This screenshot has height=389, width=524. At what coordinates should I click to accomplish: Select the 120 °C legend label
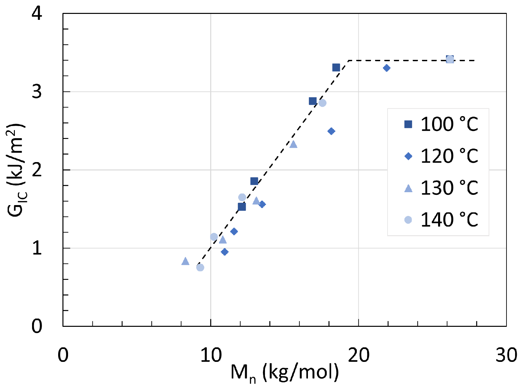pyautogui.click(x=449, y=156)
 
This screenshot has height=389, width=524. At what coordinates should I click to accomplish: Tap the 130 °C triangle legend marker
pyautogui.click(x=408, y=188)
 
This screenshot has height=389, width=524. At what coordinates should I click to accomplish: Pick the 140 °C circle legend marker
pyautogui.click(x=408, y=220)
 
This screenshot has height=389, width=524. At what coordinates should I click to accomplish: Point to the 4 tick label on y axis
pyautogui.click(x=37, y=14)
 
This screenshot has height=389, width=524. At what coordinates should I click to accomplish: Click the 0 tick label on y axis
pyautogui.click(x=37, y=326)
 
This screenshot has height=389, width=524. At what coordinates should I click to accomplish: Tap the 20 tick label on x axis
pyautogui.click(x=359, y=355)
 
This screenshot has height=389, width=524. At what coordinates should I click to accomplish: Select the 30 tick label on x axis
pyautogui.click(x=506, y=355)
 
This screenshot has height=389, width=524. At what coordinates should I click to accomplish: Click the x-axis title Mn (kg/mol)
pyautogui.click(x=284, y=372)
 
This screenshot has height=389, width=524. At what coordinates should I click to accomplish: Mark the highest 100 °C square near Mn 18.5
pyautogui.click(x=336, y=67)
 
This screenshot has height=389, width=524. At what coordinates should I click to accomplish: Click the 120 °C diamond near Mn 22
pyautogui.click(x=387, y=68)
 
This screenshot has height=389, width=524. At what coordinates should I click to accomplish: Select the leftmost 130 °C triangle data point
pyautogui.click(x=185, y=261)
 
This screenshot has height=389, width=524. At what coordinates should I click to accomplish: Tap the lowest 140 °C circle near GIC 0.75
pyautogui.click(x=200, y=267)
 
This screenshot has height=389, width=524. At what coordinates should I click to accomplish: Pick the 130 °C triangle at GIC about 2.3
pyautogui.click(x=293, y=144)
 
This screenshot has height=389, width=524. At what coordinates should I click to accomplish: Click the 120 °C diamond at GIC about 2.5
pyautogui.click(x=331, y=131)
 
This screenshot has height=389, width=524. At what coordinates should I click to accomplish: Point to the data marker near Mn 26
pyautogui.click(x=450, y=59)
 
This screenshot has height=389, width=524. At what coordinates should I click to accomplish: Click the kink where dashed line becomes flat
pyautogui.click(x=349, y=61)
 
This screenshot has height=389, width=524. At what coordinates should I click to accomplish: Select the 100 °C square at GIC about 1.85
pyautogui.click(x=254, y=181)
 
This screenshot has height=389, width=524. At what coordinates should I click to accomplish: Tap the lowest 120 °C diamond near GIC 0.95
pyautogui.click(x=225, y=252)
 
